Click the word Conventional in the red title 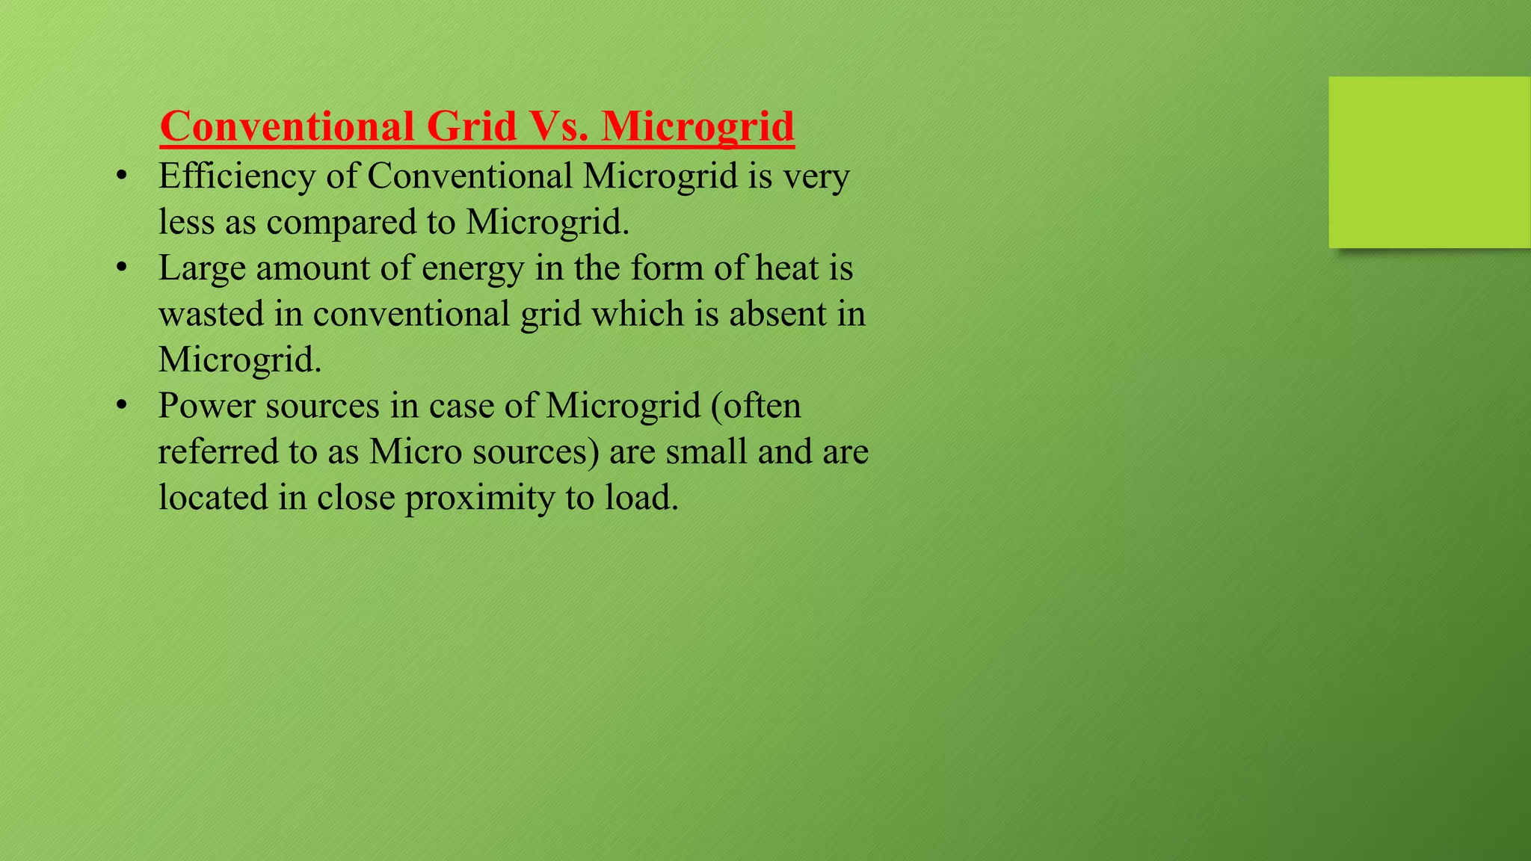pos(286,126)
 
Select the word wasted pos(212,314)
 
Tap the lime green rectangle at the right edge pos(1429,161)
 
